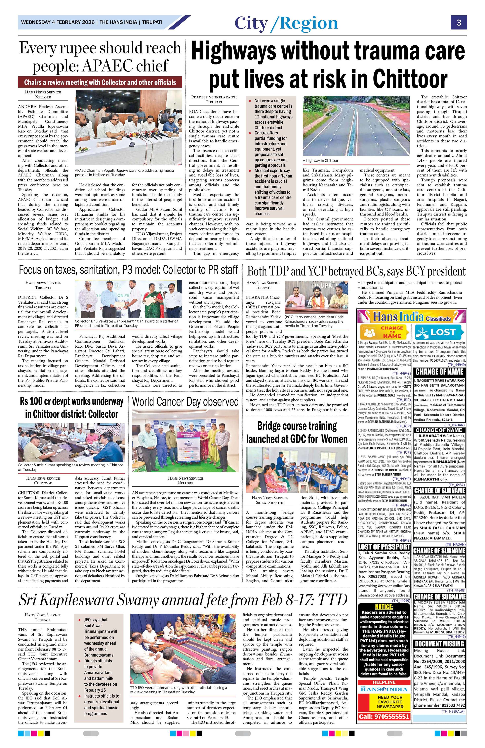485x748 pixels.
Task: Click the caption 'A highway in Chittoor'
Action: click(320, 161)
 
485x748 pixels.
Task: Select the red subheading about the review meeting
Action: click(100, 83)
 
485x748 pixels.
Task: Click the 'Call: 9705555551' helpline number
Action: click(384, 717)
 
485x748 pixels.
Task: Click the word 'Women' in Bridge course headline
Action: click(333, 439)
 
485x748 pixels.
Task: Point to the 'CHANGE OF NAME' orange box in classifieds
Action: click(384, 332)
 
